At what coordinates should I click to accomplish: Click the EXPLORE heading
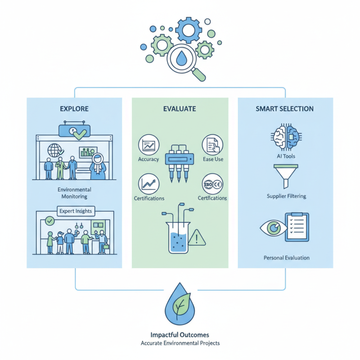point(74,109)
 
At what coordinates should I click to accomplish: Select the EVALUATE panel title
point(180,109)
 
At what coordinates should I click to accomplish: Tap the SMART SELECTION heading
point(285,109)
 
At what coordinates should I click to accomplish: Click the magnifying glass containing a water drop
point(182,61)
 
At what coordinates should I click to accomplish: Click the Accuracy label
point(148,159)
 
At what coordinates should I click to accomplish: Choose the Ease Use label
point(213,159)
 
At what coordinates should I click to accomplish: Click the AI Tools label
point(284,156)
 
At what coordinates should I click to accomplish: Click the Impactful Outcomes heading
point(180,335)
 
